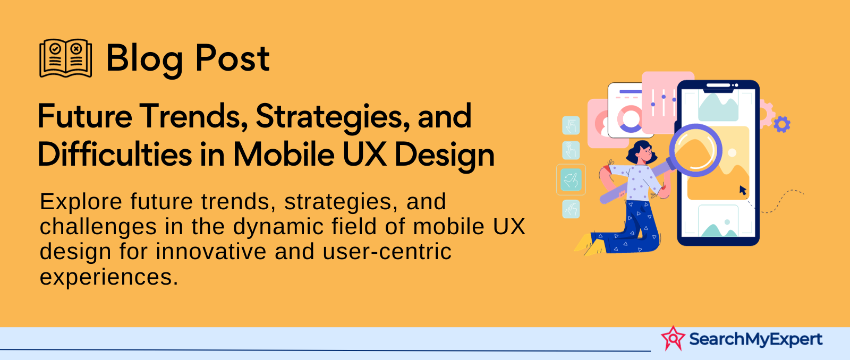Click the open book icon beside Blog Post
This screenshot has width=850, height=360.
[x=66, y=58]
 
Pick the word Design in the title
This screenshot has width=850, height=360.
[x=444, y=156]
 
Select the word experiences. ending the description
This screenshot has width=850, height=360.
[x=109, y=277]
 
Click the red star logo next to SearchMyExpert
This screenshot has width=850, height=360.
[x=673, y=338]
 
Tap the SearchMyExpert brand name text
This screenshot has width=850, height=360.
[x=755, y=339]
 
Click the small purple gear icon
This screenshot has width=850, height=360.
[x=781, y=124]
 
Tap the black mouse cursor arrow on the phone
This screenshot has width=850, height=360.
[x=743, y=190]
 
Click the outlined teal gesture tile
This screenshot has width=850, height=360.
[x=571, y=179]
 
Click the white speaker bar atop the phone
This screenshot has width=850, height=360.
[x=718, y=85]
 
